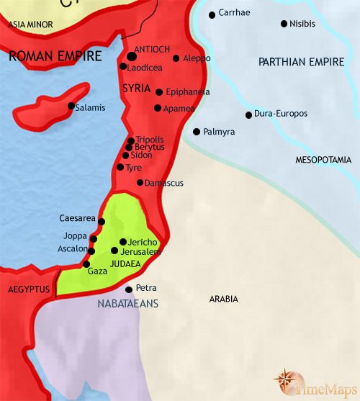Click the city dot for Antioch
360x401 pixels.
132,55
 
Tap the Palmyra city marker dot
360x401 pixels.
196,132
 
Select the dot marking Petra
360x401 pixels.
129,289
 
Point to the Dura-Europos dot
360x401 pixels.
248,114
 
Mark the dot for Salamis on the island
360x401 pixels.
71,107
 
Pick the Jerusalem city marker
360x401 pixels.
114,251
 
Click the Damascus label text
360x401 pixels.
164,184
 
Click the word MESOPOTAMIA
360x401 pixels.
323,160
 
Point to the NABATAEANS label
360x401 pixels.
127,304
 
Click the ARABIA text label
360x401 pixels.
224,299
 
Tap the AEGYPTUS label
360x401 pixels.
29,289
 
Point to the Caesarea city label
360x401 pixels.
77,217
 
